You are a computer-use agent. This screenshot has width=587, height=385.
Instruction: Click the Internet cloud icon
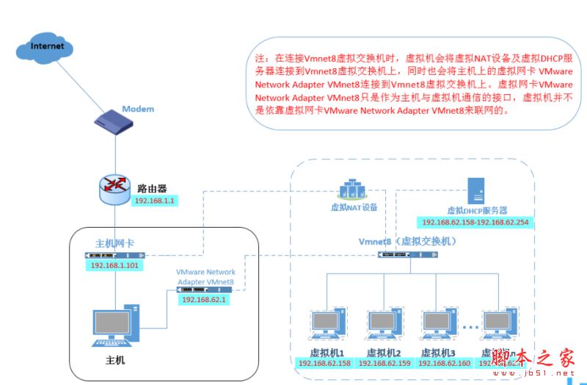click(x=48, y=48)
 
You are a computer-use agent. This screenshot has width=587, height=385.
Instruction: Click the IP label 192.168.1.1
click(x=156, y=201)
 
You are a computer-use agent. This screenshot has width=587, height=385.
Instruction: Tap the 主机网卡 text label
click(x=114, y=243)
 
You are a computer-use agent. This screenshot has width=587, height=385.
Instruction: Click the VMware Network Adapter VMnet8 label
click(x=205, y=277)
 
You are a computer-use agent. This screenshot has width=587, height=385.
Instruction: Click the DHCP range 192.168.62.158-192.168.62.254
click(x=475, y=222)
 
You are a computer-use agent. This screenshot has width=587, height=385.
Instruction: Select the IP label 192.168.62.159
click(x=386, y=363)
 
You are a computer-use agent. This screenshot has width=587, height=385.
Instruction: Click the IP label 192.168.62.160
click(x=444, y=363)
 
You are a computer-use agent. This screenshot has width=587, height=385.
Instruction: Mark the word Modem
click(x=138, y=109)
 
